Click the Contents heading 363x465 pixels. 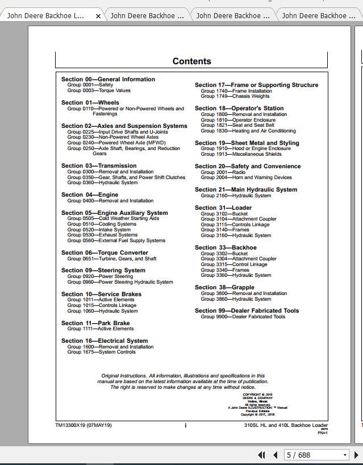point(191,61)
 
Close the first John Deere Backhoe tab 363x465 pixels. point(98,16)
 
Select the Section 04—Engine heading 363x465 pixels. point(90,195)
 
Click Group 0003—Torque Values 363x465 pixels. point(99,90)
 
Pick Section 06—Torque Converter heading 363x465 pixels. point(105,253)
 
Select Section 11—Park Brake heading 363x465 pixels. point(95,323)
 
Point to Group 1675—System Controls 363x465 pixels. point(101,352)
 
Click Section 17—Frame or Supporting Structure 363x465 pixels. point(256,85)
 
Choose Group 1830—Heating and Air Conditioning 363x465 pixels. point(248,131)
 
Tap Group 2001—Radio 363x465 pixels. point(223,172)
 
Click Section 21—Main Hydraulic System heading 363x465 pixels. point(245,190)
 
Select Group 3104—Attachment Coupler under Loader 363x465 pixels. point(239,219)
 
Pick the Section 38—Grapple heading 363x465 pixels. point(224,288)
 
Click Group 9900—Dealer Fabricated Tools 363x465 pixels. point(243,317)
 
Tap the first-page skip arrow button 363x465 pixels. point(262,455)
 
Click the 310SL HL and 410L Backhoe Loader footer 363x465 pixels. point(286,425)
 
